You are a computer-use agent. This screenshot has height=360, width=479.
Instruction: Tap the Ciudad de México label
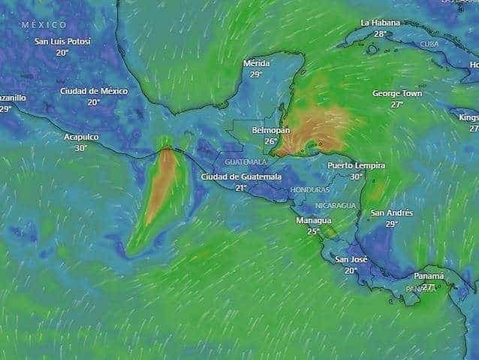(x=94, y=91)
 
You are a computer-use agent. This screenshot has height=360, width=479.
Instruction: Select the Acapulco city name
(x=81, y=137)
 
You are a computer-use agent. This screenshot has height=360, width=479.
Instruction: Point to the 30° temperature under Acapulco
(x=81, y=148)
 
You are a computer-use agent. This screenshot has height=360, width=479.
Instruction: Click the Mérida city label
(x=256, y=63)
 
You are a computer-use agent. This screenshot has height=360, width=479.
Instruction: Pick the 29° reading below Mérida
(x=256, y=74)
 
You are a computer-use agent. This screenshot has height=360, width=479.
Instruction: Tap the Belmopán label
(x=270, y=130)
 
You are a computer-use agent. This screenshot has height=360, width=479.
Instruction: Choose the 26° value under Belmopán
(x=270, y=141)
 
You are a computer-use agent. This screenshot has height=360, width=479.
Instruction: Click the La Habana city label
(x=381, y=23)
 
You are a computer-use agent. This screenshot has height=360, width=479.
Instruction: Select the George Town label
(x=397, y=93)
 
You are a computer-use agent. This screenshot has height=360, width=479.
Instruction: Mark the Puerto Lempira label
(x=356, y=165)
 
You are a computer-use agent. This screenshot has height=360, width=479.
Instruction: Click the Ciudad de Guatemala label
(x=241, y=177)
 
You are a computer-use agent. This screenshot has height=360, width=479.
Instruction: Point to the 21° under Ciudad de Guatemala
(x=241, y=188)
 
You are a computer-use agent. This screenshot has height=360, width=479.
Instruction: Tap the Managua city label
(x=313, y=220)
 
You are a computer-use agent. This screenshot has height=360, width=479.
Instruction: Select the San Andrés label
(x=392, y=213)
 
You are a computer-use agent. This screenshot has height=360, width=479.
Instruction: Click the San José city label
(x=351, y=259)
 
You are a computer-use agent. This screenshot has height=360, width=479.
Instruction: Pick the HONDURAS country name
(x=309, y=190)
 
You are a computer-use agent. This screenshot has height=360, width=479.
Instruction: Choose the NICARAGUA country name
(x=336, y=205)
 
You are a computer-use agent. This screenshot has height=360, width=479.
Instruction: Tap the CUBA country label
(x=429, y=44)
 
